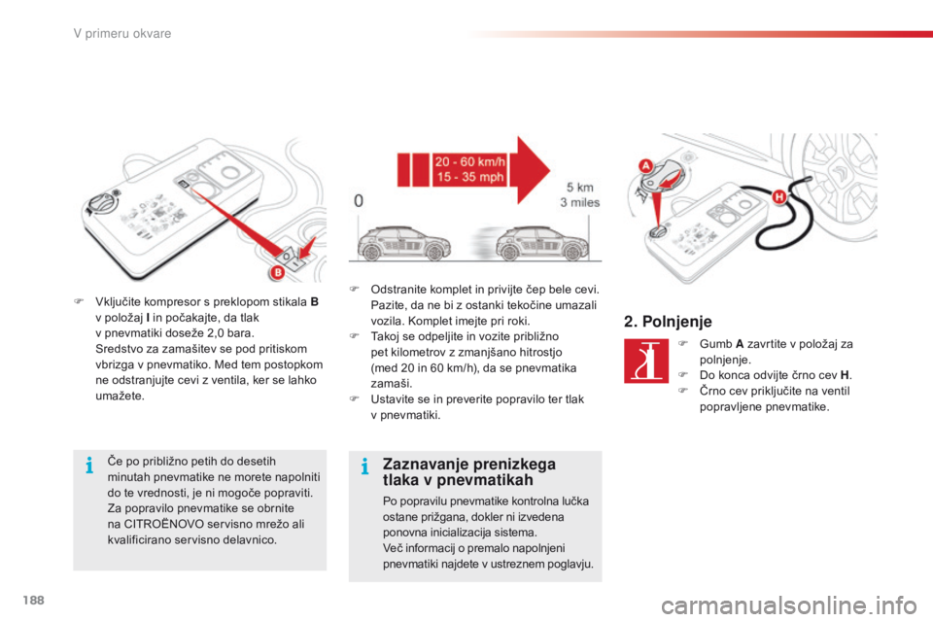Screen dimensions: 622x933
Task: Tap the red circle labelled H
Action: click(x=777, y=198)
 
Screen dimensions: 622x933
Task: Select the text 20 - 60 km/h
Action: click(x=471, y=162)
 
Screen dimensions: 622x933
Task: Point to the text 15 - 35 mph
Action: click(x=471, y=179)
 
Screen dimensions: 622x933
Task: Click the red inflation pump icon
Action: click(x=646, y=361)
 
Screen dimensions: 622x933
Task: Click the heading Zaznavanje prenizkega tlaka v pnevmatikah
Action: click(x=468, y=471)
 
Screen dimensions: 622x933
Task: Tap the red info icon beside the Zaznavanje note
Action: click(x=363, y=467)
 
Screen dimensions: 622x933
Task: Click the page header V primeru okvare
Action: click(x=121, y=34)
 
